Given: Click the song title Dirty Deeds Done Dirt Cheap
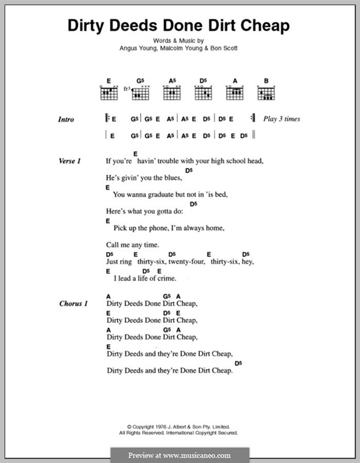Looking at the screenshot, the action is pyautogui.click(x=179, y=25).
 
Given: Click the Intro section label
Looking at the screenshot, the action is pyautogui.click(x=66, y=120).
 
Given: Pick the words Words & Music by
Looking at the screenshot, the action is pyautogui.click(x=180, y=45).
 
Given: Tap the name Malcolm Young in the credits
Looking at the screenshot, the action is pyautogui.click(x=181, y=53).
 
